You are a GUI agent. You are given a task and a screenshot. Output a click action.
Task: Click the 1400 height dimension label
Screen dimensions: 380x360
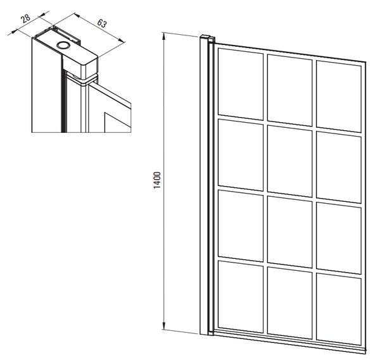coord(157,180)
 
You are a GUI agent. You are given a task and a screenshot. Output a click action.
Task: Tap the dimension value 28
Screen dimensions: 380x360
coord(25,18)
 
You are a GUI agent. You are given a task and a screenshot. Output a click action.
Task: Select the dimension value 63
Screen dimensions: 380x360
coord(102,23)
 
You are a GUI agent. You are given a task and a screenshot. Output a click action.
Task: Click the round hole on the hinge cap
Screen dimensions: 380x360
coord(63,45)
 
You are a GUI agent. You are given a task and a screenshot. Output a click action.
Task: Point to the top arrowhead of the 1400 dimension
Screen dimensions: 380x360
coord(164,36)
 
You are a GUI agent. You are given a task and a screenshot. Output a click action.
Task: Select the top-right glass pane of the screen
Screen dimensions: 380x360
coord(339,96)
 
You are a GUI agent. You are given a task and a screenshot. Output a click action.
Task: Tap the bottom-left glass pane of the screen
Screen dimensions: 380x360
coord(241,297)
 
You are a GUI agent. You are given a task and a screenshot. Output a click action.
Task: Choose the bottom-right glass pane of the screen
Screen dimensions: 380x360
coord(339,309)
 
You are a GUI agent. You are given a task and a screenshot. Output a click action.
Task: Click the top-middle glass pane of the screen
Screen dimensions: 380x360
coord(289,90)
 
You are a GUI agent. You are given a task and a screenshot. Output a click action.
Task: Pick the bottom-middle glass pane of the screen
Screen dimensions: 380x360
coord(289,303)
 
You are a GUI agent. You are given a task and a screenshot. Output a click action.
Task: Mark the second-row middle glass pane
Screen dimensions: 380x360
coord(289,161)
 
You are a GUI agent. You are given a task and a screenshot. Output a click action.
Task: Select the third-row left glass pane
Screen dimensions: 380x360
coord(241,226)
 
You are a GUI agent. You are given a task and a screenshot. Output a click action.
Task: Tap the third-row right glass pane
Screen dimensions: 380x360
coord(339,239)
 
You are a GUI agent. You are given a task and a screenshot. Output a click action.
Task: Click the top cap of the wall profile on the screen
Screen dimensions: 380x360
coord(207,37)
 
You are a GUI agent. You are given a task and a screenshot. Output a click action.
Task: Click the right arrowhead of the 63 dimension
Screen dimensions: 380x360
coord(122,40)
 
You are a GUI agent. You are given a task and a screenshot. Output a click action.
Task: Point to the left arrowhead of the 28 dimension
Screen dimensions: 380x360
coord(15,32)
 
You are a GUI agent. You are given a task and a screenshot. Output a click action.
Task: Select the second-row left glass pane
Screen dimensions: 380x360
coord(241,155)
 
